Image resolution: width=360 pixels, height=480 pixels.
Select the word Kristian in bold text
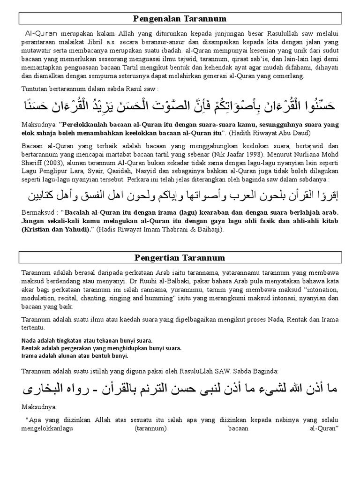click(37, 229)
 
